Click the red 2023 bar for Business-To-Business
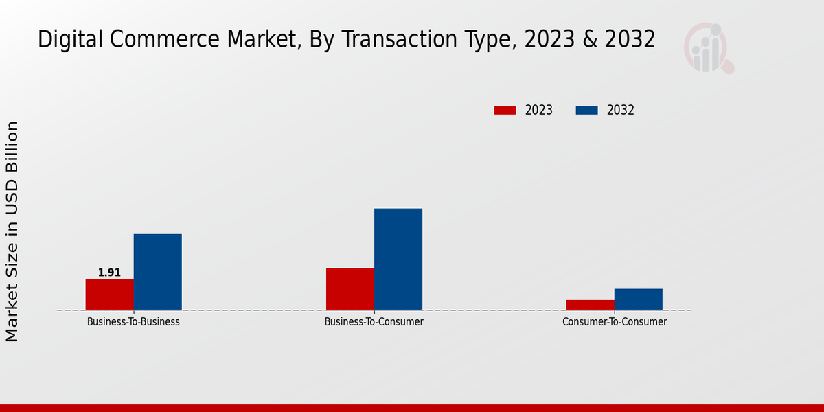click(x=109, y=295)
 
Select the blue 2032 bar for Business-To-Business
click(x=157, y=272)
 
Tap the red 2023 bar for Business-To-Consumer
click(x=350, y=289)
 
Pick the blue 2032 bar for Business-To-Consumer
click(x=398, y=260)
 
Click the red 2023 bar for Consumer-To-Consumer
click(x=591, y=305)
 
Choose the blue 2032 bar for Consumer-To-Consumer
click(x=639, y=299)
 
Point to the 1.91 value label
click(x=109, y=273)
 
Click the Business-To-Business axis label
click(x=133, y=321)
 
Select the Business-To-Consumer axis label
click(x=374, y=321)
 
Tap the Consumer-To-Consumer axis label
click(x=615, y=321)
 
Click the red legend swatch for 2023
click(x=505, y=110)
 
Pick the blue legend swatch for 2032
click(x=586, y=110)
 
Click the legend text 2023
click(x=539, y=110)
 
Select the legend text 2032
click(x=621, y=110)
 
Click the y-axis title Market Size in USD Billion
click(x=12, y=231)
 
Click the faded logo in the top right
click(x=708, y=48)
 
